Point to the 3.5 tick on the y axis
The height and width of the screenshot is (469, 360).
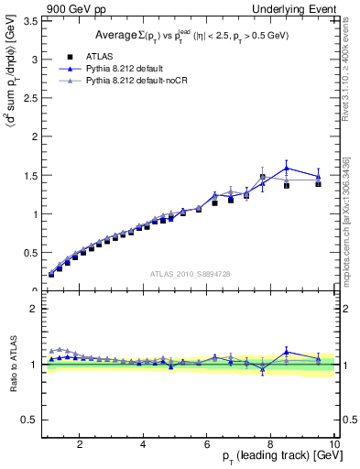29,20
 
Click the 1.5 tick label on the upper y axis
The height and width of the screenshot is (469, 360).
29,175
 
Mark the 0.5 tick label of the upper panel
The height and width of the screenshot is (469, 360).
29,253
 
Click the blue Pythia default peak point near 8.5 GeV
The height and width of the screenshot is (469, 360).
287,168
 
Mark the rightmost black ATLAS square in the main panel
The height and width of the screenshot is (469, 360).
318,183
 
